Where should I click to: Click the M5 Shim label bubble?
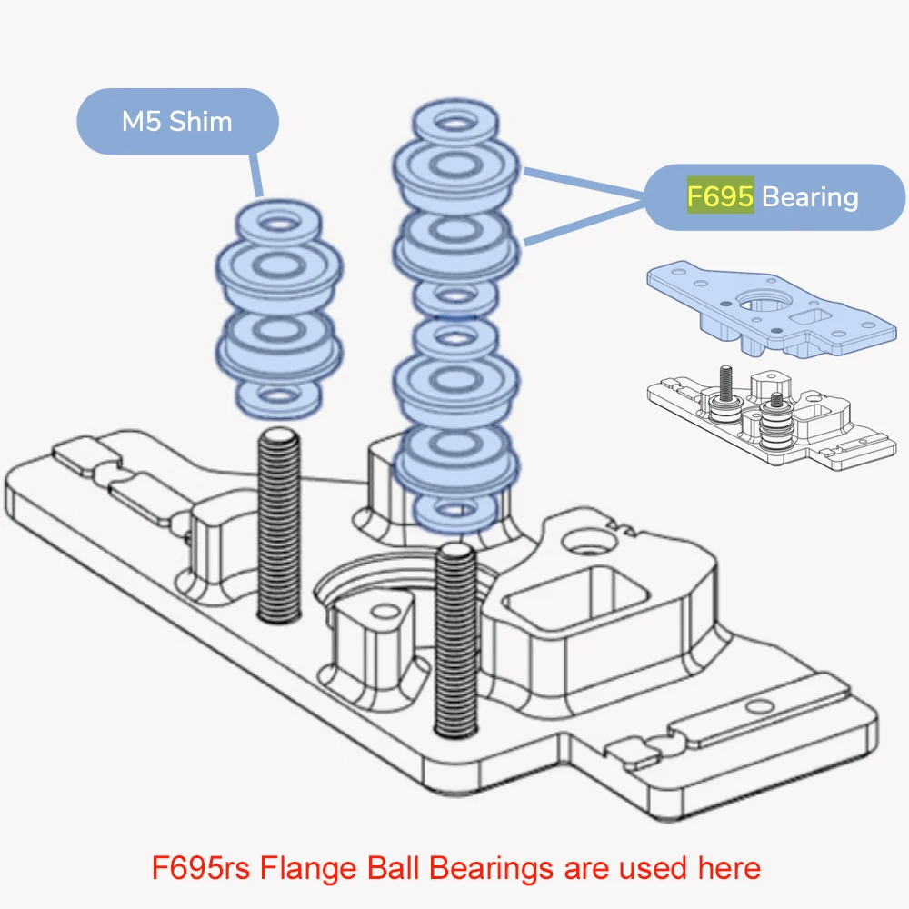177,121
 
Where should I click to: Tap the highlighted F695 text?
719,196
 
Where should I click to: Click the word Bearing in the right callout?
809,196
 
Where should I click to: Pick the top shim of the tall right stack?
457,121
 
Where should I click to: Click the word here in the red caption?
728,868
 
